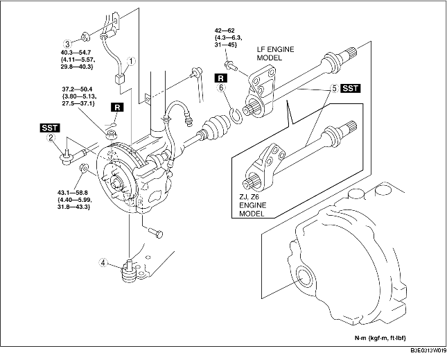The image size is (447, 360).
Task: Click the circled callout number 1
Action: [132, 61]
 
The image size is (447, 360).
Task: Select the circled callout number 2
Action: [51, 138]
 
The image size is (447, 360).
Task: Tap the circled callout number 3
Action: [67, 44]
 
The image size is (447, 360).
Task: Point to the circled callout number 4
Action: [103, 262]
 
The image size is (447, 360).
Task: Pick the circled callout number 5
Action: [335, 88]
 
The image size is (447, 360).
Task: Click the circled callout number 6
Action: [221, 87]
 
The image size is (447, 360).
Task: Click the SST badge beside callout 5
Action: [351, 88]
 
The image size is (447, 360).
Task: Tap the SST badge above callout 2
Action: [50, 128]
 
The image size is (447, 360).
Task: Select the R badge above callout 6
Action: [221, 78]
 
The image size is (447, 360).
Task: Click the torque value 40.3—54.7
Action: [76, 53]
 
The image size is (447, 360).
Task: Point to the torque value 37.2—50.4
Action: [77, 89]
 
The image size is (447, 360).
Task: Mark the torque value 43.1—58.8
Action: [72, 193]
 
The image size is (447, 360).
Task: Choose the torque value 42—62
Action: [225, 31]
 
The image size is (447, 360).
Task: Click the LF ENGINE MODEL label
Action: [275, 53]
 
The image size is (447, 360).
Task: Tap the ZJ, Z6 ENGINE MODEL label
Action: [253, 205]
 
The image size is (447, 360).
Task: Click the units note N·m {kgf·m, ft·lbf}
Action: [380, 338]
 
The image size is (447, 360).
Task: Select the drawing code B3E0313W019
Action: [428, 350]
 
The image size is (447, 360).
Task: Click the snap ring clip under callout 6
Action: [236, 116]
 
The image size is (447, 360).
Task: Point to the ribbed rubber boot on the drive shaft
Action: [216, 128]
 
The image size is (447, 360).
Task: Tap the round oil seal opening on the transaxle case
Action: [304, 276]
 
